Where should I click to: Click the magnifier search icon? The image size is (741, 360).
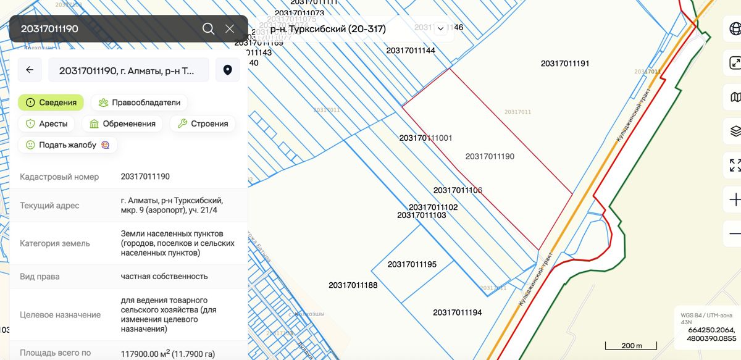(208, 29)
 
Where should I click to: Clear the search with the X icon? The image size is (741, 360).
(230, 29)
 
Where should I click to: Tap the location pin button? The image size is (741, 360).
(227, 70)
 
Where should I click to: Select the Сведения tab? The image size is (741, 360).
(51, 103)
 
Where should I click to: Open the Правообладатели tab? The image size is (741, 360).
(139, 103)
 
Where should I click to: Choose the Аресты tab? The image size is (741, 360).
(46, 123)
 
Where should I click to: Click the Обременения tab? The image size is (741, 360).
(122, 123)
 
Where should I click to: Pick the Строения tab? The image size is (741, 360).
(203, 123)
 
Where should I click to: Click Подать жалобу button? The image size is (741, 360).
(67, 145)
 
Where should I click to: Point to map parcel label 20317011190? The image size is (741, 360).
(490, 157)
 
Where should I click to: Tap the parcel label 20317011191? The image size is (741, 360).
(565, 64)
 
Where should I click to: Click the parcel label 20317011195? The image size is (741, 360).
(412, 264)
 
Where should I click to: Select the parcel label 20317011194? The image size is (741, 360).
(457, 312)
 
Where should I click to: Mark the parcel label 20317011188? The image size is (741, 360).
(353, 285)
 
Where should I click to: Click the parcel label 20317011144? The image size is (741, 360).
(411, 51)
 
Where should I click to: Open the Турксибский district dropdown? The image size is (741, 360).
(356, 29)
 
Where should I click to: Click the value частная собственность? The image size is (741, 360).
(164, 276)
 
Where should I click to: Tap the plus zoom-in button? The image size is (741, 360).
(734, 200)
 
